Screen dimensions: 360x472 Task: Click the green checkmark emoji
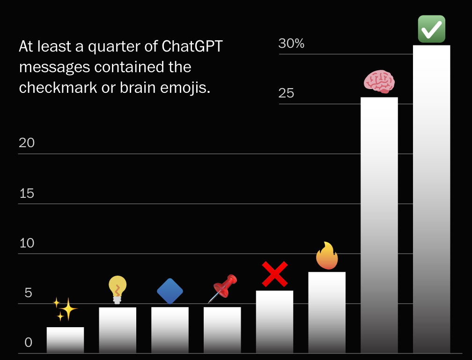point(431,29)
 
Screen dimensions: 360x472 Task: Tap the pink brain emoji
point(379,82)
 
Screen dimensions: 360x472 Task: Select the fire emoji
point(327,256)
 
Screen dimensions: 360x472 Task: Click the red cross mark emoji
point(274,274)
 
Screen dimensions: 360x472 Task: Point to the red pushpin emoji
point(223,288)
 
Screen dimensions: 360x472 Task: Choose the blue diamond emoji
point(170,291)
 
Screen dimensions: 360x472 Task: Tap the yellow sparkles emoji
point(65,309)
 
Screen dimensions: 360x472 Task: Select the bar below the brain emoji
point(379,225)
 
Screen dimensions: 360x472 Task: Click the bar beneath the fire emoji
point(327,312)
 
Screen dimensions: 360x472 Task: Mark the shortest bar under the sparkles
point(65,340)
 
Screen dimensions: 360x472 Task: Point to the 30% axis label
point(291,44)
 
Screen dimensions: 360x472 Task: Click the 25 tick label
point(286,93)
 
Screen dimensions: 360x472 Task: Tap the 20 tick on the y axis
point(27,143)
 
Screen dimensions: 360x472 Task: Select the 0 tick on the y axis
point(29,343)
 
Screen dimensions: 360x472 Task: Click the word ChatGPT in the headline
point(192,47)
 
